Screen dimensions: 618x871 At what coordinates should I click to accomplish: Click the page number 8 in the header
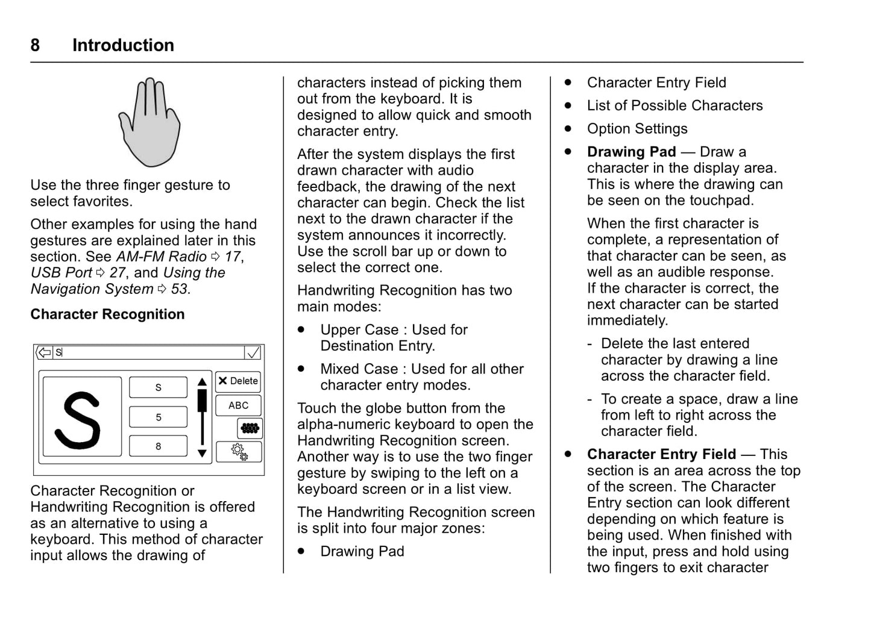[35, 45]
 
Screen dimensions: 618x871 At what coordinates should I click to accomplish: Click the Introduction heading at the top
[123, 45]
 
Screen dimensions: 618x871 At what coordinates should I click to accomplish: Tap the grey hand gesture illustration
[149, 122]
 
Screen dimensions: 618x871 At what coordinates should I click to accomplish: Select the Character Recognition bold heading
[107, 314]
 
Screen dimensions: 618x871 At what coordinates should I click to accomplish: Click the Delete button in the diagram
[238, 381]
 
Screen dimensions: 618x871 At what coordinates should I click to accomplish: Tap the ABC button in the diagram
[238, 405]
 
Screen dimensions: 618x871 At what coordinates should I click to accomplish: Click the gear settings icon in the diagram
[239, 451]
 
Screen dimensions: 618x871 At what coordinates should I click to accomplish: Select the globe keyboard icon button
[250, 428]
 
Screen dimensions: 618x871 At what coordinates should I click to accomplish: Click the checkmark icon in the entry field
[253, 352]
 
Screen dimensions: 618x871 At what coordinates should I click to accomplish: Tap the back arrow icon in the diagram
[44, 352]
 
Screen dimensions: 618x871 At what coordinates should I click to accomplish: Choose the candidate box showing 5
[159, 417]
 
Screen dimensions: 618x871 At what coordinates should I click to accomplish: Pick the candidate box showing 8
[159, 446]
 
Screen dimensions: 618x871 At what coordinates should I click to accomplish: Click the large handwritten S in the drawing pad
[78, 419]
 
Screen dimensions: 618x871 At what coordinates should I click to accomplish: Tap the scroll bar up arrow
[202, 382]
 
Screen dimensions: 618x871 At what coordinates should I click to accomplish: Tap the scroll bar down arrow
[202, 454]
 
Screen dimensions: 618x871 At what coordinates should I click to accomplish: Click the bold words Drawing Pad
[631, 152]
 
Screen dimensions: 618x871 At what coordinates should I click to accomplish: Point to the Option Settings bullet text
[637, 129]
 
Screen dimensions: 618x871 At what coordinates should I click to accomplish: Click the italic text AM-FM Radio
[161, 257]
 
